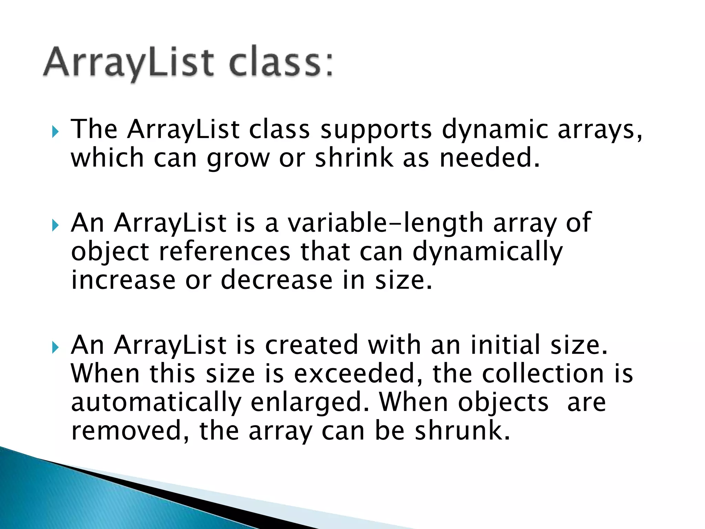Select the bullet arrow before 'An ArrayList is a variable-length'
pos(55,226)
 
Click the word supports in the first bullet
pos(376,130)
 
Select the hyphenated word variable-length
pos(386,223)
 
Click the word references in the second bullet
pos(225,252)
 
